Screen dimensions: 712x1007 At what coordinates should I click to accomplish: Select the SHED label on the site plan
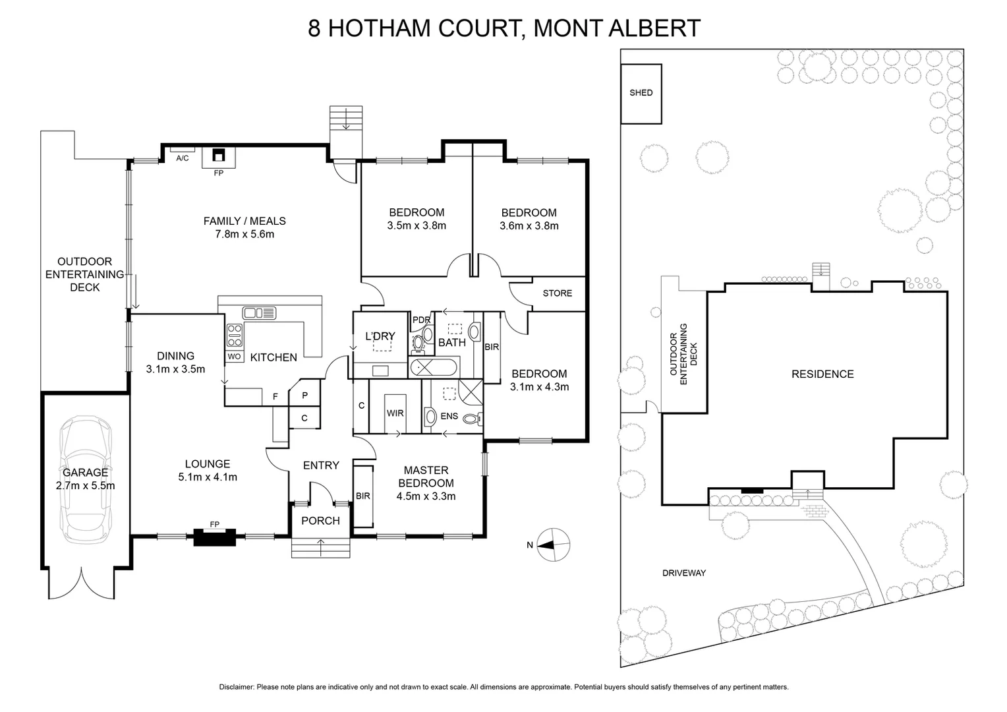click(641, 93)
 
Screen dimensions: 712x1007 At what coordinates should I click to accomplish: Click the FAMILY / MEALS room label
click(245, 222)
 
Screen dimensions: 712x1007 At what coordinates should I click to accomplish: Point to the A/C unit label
click(182, 158)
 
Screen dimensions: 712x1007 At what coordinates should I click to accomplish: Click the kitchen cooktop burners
click(235, 336)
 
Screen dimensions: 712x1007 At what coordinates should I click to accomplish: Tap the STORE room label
click(557, 293)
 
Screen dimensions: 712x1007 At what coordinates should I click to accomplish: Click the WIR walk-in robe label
click(395, 413)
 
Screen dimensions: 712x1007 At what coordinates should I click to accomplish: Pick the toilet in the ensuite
click(471, 417)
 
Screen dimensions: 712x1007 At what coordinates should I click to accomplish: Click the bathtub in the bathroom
click(434, 367)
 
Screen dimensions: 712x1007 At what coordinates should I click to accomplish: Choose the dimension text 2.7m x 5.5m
click(85, 487)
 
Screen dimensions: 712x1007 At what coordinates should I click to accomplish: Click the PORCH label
click(320, 521)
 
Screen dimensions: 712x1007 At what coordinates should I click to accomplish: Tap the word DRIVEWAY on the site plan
click(684, 573)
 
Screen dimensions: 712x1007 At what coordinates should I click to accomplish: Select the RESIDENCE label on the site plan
click(822, 374)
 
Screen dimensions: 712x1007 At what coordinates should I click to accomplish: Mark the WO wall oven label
click(234, 357)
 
